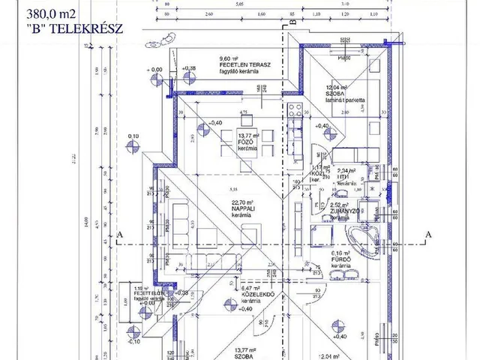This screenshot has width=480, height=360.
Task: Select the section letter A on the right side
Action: point(428,234)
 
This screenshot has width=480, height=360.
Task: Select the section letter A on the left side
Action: point(119,234)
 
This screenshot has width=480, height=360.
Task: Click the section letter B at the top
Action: point(294,21)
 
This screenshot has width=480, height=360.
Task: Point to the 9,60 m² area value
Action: point(228,58)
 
